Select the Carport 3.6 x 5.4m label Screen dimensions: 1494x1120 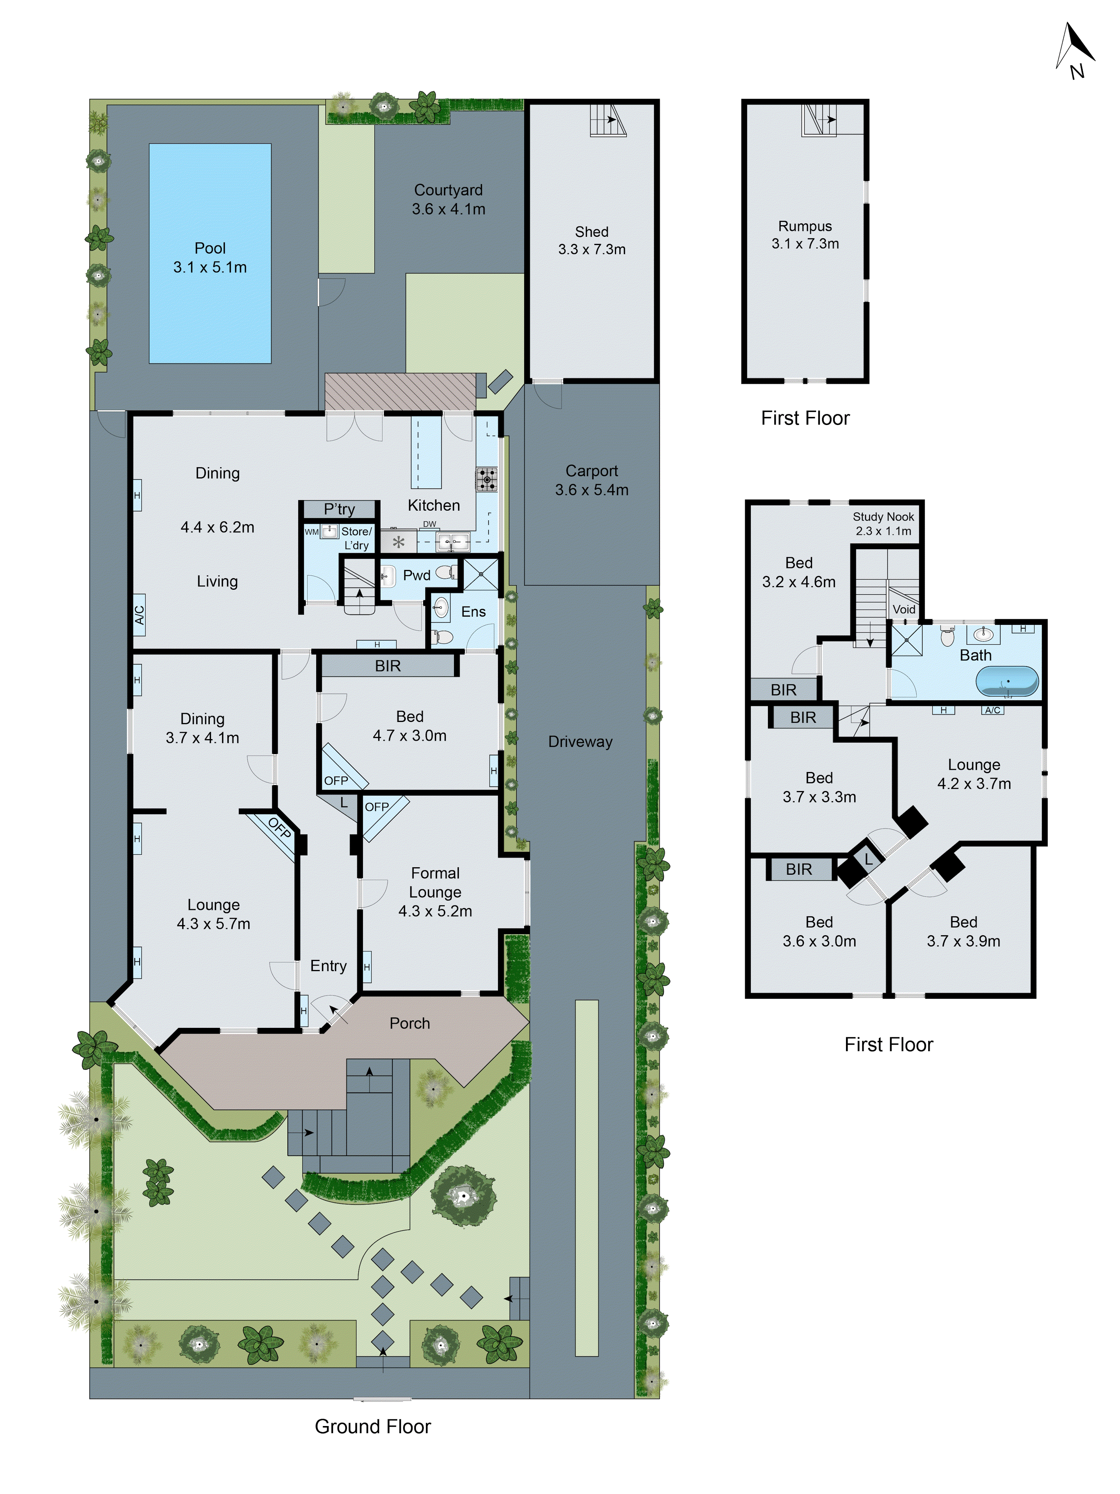tap(591, 480)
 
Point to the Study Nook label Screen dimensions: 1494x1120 tap(883, 517)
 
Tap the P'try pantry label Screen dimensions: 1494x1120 tap(339, 509)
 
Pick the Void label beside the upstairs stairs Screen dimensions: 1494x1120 tap(904, 609)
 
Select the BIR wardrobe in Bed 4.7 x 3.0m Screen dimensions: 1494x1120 tap(388, 666)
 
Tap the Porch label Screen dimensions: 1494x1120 tap(409, 1023)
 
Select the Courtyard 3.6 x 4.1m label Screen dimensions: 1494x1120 tap(448, 199)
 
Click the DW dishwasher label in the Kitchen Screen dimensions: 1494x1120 tap(429, 524)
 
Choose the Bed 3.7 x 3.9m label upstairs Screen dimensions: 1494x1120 tap(963, 932)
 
